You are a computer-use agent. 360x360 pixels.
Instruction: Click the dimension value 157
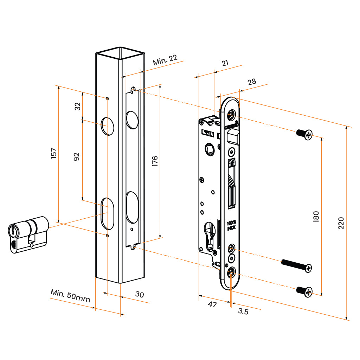(54, 154)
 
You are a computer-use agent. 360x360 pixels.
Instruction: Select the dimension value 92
(77, 156)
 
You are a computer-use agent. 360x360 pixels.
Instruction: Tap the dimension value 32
(78, 106)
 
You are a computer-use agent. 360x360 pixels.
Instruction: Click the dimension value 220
(341, 223)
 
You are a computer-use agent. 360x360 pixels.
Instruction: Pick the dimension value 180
(316, 216)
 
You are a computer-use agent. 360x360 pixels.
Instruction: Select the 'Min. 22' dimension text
(165, 60)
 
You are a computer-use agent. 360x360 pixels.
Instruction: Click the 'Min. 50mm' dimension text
(70, 296)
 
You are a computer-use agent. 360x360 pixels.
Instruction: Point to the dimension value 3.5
(243, 311)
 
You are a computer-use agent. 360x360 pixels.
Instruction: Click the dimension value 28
(252, 82)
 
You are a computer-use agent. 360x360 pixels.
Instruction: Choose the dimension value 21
(225, 63)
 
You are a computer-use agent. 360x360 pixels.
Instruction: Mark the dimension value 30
(140, 295)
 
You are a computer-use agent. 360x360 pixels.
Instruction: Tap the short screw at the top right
(304, 134)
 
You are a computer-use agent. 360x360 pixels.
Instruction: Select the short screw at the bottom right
(304, 291)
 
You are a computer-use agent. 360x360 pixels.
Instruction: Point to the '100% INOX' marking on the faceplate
(231, 225)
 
